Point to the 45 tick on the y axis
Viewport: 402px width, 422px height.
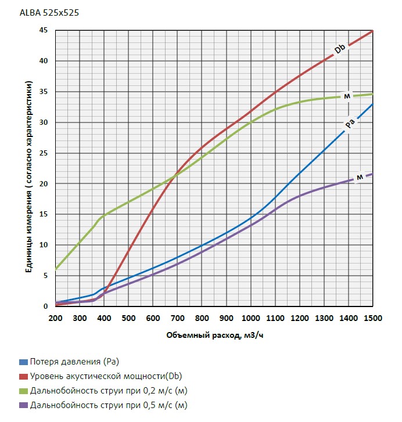[x=44, y=30]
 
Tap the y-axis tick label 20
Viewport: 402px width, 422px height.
[x=44, y=183]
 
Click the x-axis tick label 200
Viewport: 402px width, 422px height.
[x=55, y=318]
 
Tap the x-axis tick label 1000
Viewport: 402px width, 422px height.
[x=250, y=318]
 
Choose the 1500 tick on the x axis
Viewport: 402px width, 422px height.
[x=372, y=318]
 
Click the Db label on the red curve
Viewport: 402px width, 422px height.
[x=340, y=50]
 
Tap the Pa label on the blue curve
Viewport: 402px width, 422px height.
[x=350, y=124]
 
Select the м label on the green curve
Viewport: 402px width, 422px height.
[x=347, y=96]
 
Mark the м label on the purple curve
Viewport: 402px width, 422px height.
[x=360, y=176]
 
